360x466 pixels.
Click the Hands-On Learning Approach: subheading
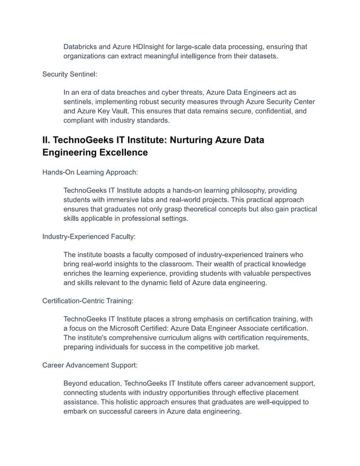pyautogui.click(x=90, y=173)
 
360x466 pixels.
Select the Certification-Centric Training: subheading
pyautogui.click(x=87, y=301)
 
